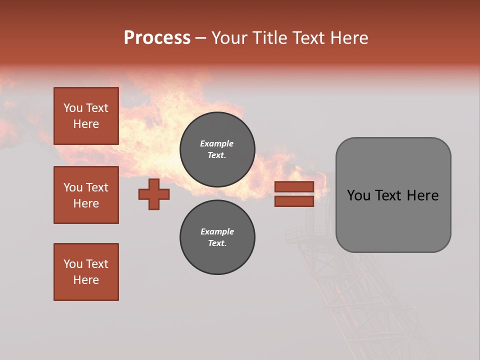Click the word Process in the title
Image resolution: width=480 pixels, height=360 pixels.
click(157, 38)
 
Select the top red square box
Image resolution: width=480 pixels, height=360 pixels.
click(86, 116)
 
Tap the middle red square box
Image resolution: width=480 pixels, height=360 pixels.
click(86, 195)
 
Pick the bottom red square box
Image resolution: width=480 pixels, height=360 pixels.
click(86, 272)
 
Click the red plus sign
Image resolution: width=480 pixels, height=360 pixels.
click(154, 194)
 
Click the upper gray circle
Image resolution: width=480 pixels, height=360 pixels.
click(217, 149)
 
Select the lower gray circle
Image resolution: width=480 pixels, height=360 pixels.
click(217, 237)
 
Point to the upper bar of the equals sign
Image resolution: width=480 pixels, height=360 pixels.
click(294, 186)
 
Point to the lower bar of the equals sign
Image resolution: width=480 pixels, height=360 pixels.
click(294, 201)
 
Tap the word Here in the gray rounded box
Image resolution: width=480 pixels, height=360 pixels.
click(422, 195)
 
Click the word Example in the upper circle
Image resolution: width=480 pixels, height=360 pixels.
click(217, 143)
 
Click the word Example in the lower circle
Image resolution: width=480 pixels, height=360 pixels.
click(217, 231)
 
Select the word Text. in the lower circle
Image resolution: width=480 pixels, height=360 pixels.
click(217, 243)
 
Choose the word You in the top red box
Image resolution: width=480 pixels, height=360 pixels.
click(72, 108)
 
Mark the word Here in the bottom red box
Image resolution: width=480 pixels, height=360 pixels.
click(86, 280)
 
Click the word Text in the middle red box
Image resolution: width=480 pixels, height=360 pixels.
click(97, 187)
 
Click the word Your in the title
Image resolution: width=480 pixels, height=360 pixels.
click(229, 38)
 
